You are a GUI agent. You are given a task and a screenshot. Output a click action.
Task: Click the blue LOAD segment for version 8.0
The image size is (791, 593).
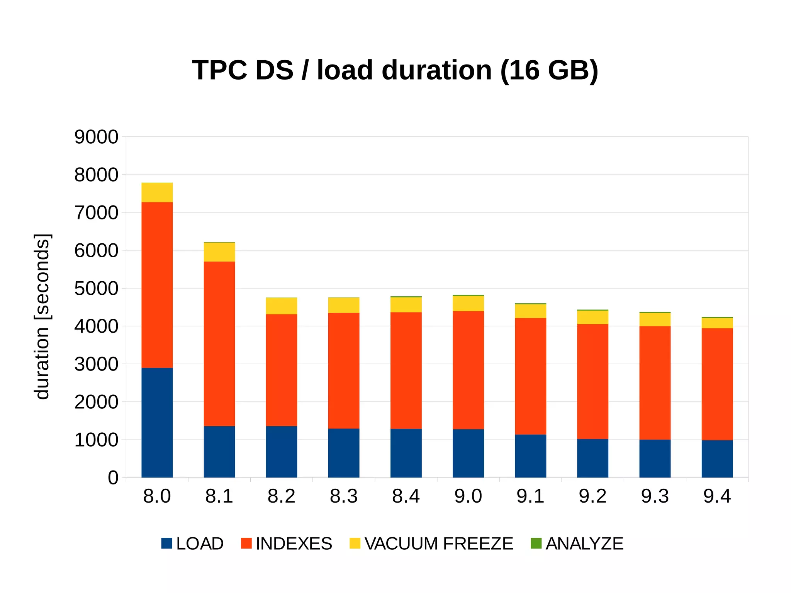pos(157,422)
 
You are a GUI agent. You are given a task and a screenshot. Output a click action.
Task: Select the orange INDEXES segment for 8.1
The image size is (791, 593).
pos(219,344)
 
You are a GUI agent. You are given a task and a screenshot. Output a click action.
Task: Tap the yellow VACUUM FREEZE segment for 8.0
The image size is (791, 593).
pos(157,192)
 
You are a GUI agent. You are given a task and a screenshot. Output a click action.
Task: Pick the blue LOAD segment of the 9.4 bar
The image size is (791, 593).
pos(717,459)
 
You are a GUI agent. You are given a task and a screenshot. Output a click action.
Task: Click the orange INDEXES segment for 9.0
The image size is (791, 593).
pos(468,370)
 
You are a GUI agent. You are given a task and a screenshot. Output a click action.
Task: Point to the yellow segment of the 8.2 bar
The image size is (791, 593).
pos(281,306)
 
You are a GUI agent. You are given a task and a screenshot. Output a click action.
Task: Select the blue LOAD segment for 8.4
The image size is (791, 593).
pos(406,453)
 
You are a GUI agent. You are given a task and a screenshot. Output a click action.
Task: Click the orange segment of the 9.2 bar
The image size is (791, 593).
pos(592,381)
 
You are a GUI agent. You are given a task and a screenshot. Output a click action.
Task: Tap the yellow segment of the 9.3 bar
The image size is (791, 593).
pos(655,319)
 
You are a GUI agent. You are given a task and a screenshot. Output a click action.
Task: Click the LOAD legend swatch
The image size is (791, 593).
pos(166,543)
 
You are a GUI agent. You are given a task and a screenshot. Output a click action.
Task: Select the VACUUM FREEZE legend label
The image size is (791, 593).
pos(439,544)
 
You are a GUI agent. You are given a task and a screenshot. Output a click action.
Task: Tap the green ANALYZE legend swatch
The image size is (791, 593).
pos(536,543)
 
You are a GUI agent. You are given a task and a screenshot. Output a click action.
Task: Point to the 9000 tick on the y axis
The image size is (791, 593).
pos(96,137)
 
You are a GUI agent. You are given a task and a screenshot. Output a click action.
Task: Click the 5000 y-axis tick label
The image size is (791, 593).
pos(96,289)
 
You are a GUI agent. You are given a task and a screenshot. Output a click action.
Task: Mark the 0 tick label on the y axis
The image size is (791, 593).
pos(113,478)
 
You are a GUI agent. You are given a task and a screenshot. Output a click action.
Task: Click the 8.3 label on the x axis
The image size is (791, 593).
pos(343,496)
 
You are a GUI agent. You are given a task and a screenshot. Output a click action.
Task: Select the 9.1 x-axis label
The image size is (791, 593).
pos(530,496)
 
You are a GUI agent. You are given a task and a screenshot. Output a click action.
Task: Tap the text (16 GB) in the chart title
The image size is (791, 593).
pos(549,71)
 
